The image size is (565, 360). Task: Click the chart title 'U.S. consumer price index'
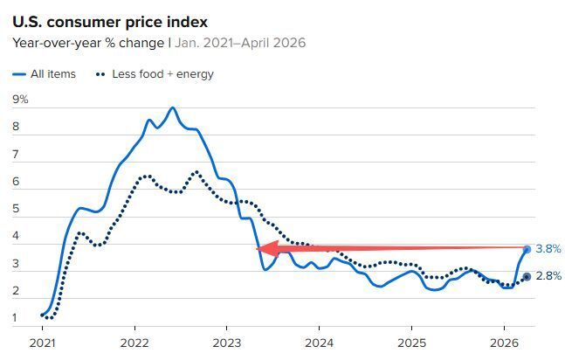click(110, 23)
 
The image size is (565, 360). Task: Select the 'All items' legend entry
click(44, 74)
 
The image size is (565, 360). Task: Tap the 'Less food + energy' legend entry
click(155, 74)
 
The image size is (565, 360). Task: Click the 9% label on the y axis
click(20, 100)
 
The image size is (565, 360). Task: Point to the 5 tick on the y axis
click(16, 209)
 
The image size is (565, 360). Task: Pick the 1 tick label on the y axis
click(15, 318)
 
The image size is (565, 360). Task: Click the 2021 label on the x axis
click(43, 343)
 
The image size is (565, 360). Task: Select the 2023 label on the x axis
click(226, 343)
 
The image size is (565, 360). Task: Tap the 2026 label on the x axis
click(504, 343)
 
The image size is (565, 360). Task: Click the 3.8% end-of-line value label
click(548, 248)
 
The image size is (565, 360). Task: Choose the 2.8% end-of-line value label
click(548, 276)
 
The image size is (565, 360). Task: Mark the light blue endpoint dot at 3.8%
click(527, 249)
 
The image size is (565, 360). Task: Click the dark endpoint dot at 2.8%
click(527, 277)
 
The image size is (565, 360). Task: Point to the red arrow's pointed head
click(257, 248)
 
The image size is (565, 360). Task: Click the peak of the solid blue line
click(173, 107)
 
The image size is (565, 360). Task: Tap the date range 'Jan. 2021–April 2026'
click(240, 43)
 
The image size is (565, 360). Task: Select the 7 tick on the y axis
click(16, 155)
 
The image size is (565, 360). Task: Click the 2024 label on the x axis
click(319, 343)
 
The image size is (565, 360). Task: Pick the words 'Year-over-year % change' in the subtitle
click(88, 44)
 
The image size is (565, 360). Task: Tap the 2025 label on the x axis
click(411, 343)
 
